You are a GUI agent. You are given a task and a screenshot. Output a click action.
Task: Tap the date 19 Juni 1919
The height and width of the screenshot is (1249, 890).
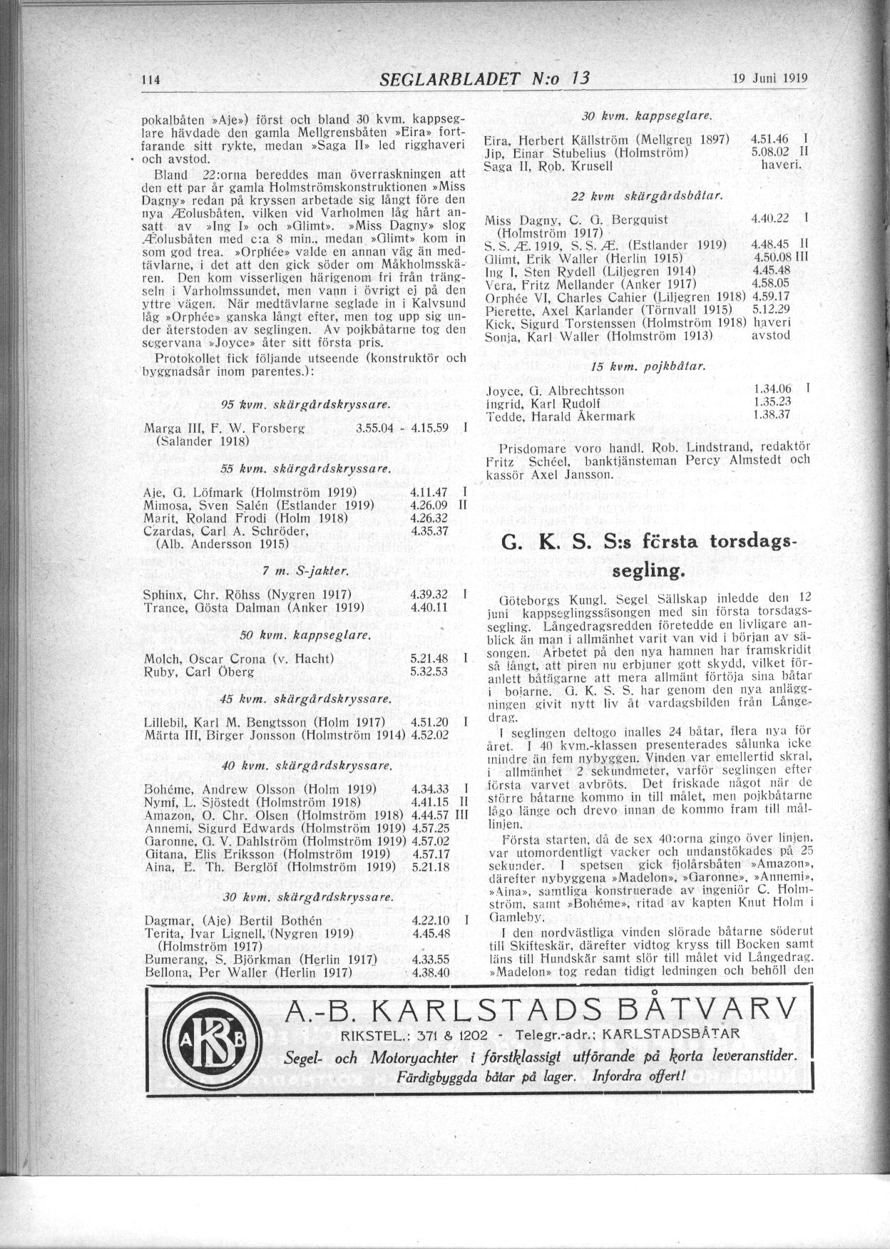pos(769,79)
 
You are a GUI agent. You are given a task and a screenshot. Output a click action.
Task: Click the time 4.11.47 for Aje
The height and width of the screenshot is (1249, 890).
pos(429,493)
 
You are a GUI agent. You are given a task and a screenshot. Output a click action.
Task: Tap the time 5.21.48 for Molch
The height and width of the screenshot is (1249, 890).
pos(429,659)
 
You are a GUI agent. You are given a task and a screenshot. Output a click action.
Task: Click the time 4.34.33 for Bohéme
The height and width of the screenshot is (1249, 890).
pos(429,789)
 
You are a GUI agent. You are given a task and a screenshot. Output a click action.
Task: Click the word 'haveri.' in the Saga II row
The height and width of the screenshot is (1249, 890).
pos(782,165)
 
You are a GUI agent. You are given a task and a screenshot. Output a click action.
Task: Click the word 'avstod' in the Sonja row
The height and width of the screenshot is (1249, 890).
pos(771,335)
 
